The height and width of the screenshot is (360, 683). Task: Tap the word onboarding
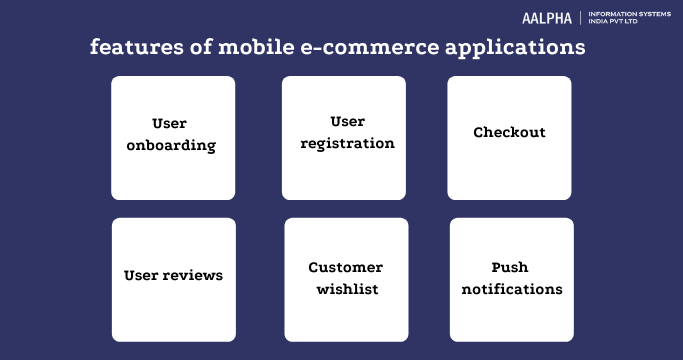coord(173,145)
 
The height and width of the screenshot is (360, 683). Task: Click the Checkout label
coord(509,133)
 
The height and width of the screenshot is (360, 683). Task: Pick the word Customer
coord(345,267)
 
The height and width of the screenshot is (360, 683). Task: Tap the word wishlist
coord(345,289)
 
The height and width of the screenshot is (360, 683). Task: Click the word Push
coord(510,267)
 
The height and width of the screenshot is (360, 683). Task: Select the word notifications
coord(511,289)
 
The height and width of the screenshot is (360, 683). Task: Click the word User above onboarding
coord(172,123)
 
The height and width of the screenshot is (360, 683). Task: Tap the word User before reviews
coord(142,274)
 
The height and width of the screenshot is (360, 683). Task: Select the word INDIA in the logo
coord(605,22)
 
